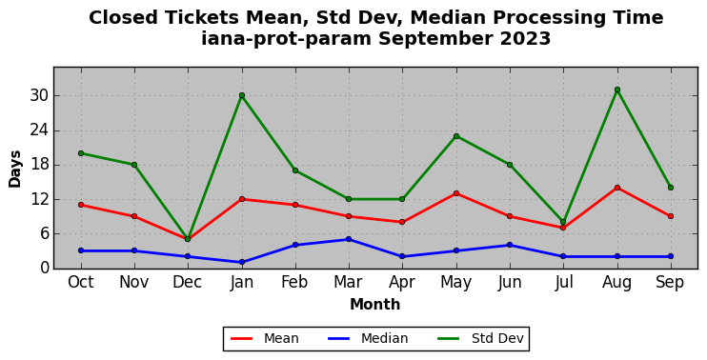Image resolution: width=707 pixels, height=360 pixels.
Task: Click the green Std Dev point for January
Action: coord(242,95)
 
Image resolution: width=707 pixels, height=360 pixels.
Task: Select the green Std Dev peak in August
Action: coord(617,90)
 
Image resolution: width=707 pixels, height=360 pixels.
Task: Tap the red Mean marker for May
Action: coord(456,193)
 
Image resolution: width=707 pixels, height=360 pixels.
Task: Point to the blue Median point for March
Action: coord(349,239)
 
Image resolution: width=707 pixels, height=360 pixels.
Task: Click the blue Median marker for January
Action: coord(242,262)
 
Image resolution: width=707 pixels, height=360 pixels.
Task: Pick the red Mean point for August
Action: coord(617,188)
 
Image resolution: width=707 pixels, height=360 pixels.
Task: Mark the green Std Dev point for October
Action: coord(81,153)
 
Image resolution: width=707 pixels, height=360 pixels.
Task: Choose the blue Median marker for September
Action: coord(671,256)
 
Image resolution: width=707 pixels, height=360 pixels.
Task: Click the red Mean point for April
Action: coord(402,222)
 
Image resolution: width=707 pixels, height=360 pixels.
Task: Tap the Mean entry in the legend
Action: coord(265,338)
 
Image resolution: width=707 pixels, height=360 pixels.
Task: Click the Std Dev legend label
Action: coord(497,338)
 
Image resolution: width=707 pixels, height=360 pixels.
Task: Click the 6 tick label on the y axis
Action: coord(43,234)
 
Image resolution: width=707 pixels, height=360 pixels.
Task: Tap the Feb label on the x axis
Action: coord(294,283)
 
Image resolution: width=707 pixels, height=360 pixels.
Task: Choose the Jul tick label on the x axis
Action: coord(564,283)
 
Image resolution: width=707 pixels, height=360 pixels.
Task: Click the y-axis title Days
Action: coord(15,169)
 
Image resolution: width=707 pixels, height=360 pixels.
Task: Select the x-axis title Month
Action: coord(375,305)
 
